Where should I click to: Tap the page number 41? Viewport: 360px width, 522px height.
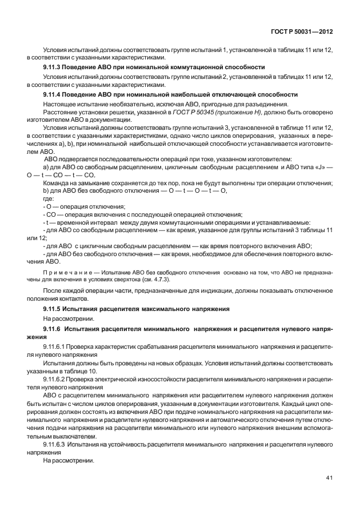pyautogui.click(x=329, y=477)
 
